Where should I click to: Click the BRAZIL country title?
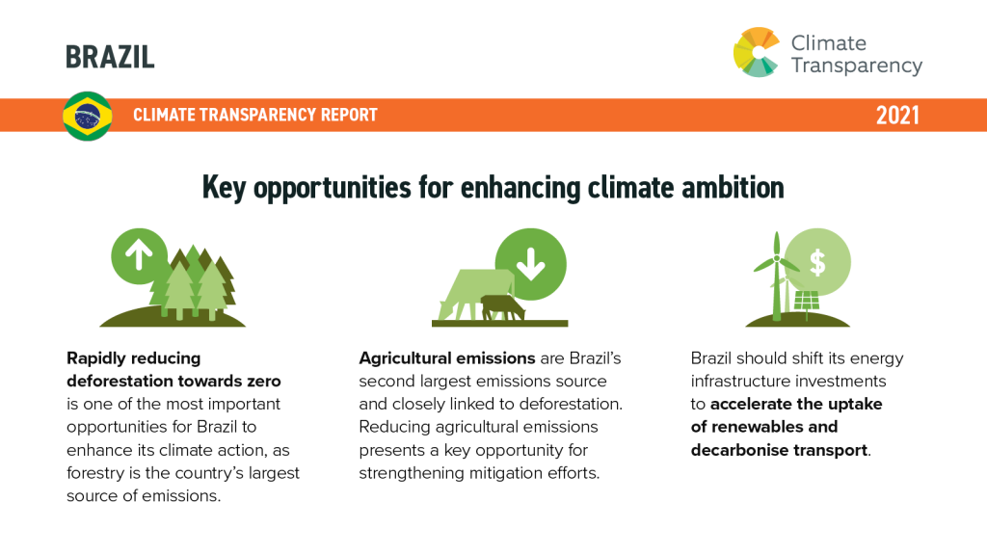click(110, 57)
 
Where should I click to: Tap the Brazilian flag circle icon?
click(88, 116)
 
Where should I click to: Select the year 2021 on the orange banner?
click(897, 116)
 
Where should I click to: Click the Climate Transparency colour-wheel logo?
click(757, 52)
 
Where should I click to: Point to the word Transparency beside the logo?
click(857, 66)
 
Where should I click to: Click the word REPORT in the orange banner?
click(349, 115)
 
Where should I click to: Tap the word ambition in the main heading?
click(733, 188)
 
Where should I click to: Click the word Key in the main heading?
click(224, 188)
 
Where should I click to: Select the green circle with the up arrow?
click(139, 256)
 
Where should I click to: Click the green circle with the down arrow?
click(531, 264)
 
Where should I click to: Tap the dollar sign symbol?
click(817, 262)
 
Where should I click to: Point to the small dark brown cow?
click(502, 307)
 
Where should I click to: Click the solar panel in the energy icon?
click(807, 301)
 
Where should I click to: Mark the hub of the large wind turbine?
click(777, 258)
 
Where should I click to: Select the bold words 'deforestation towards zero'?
click(173, 382)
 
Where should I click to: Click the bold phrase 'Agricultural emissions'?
click(447, 358)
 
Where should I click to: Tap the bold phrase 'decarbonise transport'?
click(779, 451)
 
